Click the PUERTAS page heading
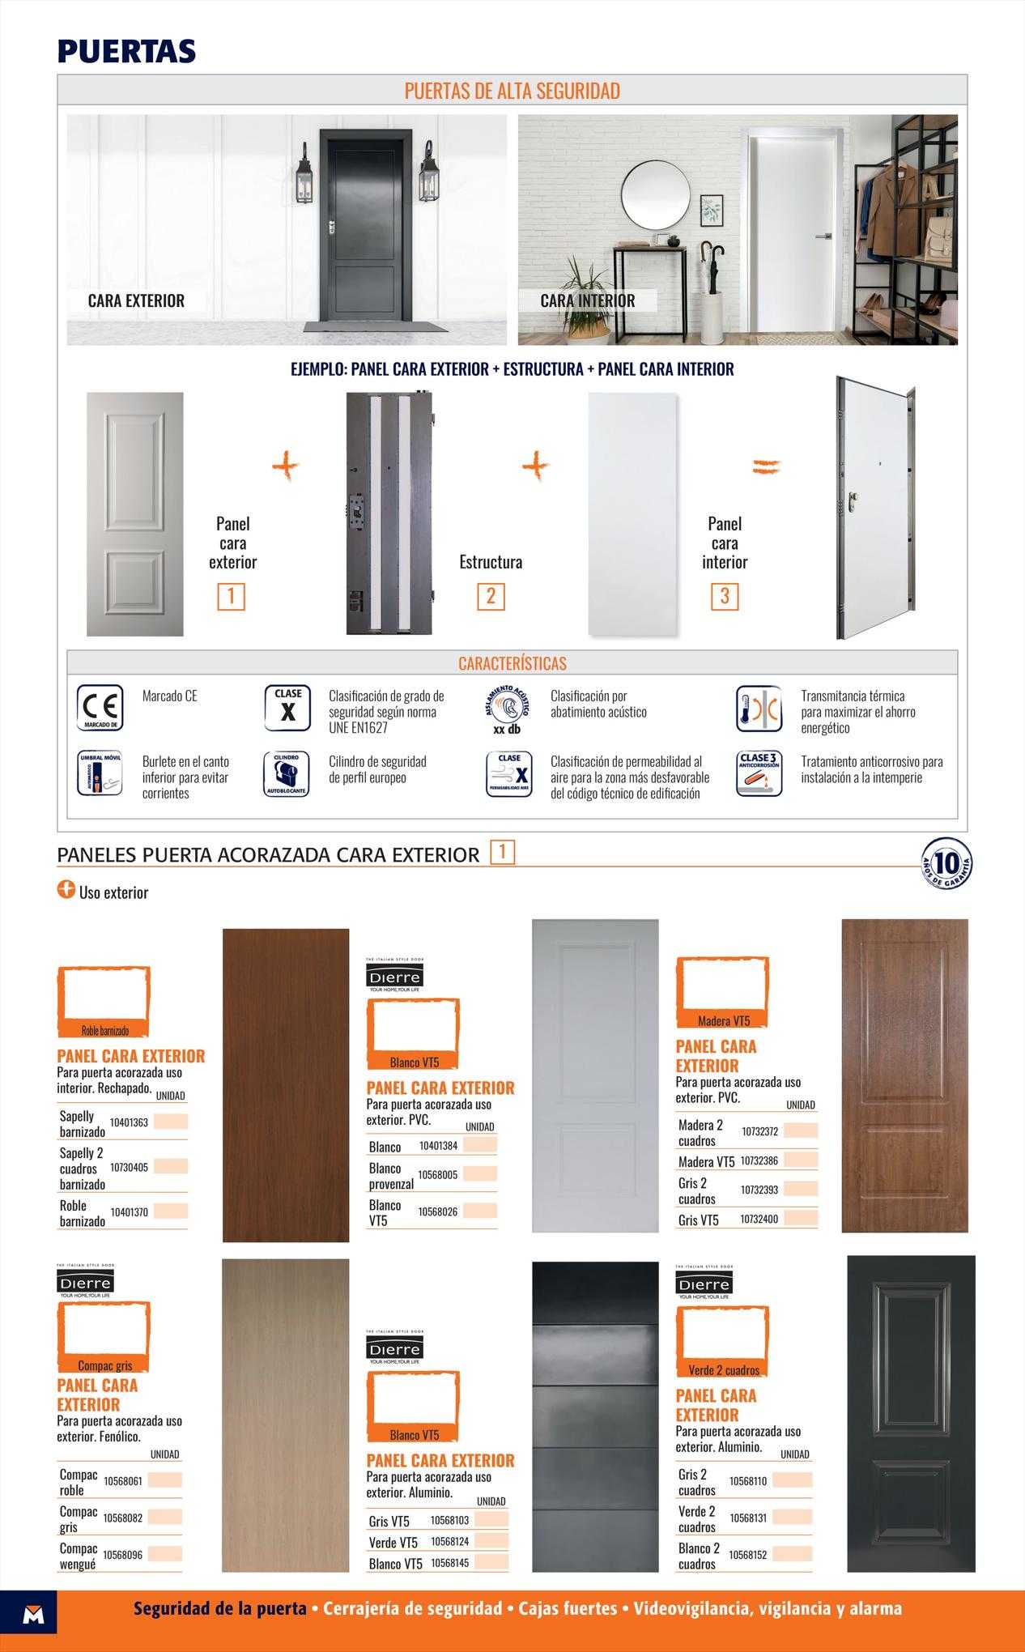click(126, 51)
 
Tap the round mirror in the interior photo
click(656, 194)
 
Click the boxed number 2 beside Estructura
click(491, 596)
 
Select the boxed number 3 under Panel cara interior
click(725, 596)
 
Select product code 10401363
click(129, 1122)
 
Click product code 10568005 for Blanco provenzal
click(437, 1175)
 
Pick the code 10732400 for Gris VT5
click(759, 1219)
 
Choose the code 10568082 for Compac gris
click(122, 1518)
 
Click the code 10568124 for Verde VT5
click(449, 1542)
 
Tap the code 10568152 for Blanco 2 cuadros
click(747, 1555)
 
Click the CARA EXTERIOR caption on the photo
click(136, 300)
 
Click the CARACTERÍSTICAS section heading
click(512, 663)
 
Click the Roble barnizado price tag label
click(104, 1031)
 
